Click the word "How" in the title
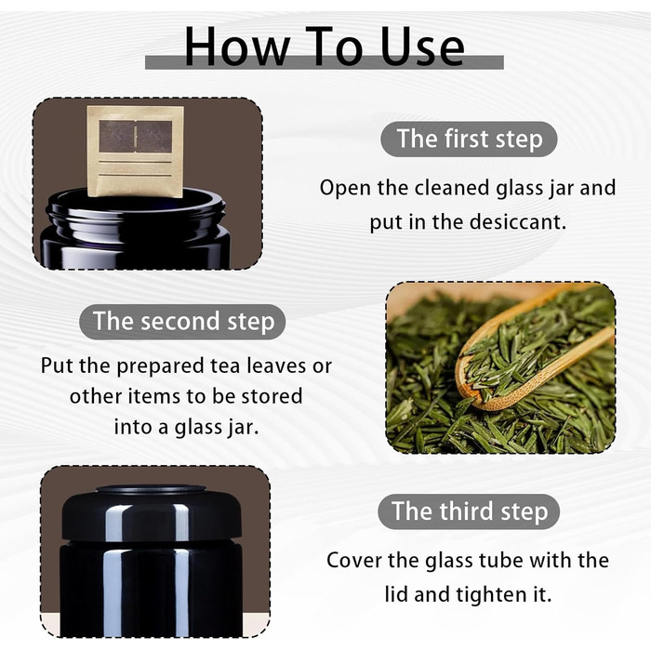(x=237, y=46)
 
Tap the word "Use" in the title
(x=422, y=46)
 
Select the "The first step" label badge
(x=469, y=139)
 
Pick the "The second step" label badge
(x=182, y=322)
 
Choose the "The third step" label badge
(x=469, y=511)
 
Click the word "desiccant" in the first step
(x=518, y=221)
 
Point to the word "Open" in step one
(x=345, y=189)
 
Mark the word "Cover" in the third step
(x=354, y=561)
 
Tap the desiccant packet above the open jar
(x=136, y=152)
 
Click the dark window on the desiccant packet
(x=136, y=136)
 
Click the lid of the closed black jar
(x=152, y=512)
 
